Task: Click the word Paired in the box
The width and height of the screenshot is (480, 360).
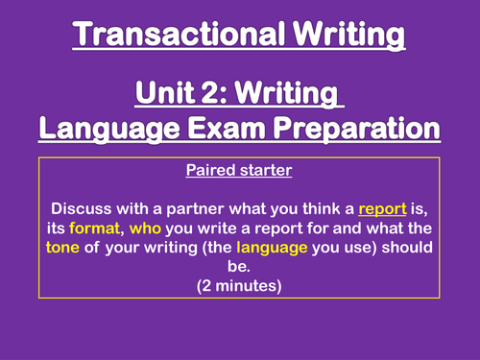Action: point(217,176)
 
